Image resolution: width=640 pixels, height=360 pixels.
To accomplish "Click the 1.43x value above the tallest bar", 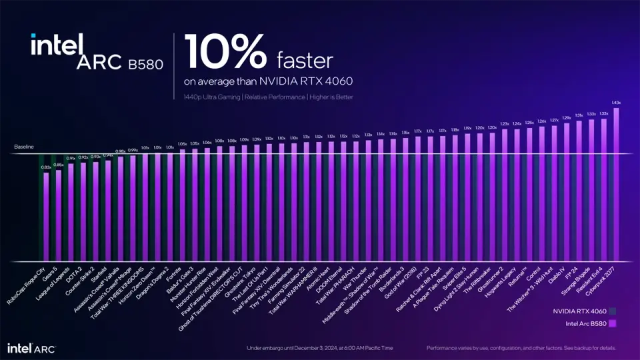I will [x=616, y=103].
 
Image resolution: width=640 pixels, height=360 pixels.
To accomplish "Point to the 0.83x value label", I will [x=46, y=168].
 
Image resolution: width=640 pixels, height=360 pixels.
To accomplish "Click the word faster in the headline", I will [x=304, y=61].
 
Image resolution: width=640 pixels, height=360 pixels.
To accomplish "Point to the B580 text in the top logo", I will [x=143, y=63].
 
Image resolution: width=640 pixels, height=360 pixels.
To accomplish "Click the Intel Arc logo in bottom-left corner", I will [x=31, y=348].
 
